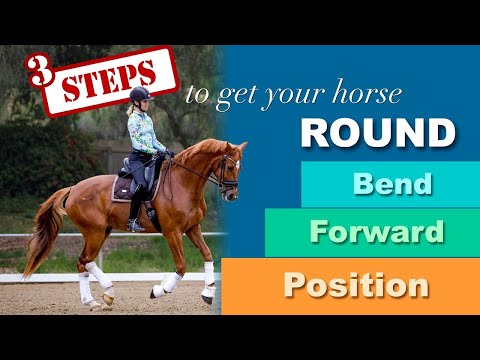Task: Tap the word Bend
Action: (x=378, y=184)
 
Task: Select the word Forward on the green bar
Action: (x=376, y=233)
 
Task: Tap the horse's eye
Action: (x=225, y=161)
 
